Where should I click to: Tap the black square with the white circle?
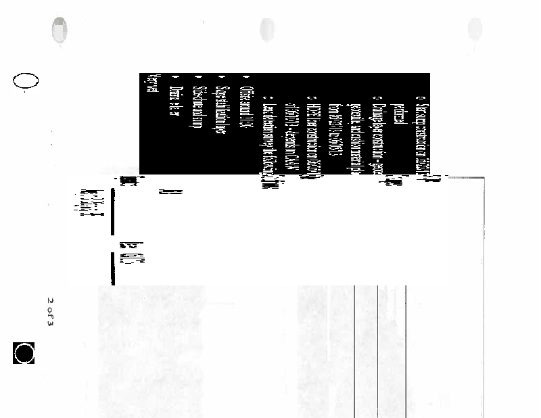24,353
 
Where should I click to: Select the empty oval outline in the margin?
25,81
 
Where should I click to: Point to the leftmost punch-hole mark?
60,30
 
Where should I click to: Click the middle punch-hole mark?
266,30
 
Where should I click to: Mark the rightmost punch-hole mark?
475,30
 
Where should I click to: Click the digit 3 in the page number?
51,319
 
